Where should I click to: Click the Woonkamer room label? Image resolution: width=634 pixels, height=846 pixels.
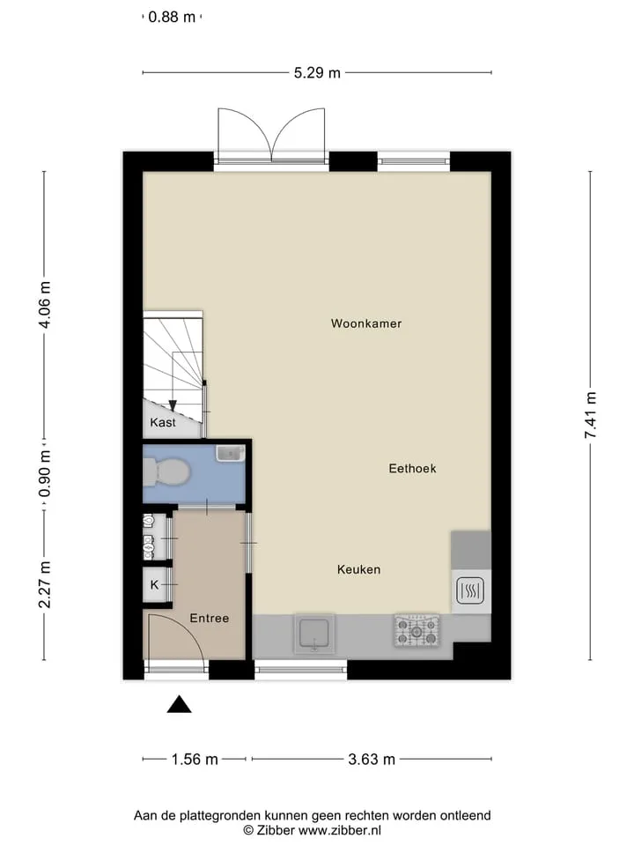point(366,323)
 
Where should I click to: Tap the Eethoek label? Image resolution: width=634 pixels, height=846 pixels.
point(412,468)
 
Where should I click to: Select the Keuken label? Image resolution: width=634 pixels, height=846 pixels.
point(359,569)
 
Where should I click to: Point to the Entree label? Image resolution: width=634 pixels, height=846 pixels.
point(210,619)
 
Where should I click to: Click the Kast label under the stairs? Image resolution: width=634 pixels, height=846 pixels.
point(163,422)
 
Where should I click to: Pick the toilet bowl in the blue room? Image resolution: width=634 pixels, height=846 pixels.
point(166,471)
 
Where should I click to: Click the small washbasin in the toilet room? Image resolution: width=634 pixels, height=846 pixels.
point(230,453)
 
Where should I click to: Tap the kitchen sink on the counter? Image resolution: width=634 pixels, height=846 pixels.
point(313,634)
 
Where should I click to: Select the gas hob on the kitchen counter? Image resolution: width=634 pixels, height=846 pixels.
point(417,631)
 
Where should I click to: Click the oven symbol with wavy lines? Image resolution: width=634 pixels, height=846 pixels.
point(470,590)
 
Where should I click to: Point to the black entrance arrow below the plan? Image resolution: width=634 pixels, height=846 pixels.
point(179,705)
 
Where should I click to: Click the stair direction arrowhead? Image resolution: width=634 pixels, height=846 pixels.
point(173,405)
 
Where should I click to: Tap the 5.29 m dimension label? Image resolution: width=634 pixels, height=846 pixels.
point(317,73)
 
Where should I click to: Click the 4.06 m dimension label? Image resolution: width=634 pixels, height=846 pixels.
point(45,304)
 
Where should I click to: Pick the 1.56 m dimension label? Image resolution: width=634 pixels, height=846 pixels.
point(195,760)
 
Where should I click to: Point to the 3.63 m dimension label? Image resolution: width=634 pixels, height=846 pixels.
point(372,760)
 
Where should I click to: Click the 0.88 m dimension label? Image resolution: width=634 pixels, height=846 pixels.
point(172,17)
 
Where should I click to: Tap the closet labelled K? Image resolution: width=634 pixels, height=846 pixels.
point(155,584)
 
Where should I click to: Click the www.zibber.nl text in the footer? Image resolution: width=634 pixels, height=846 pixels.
point(340,830)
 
